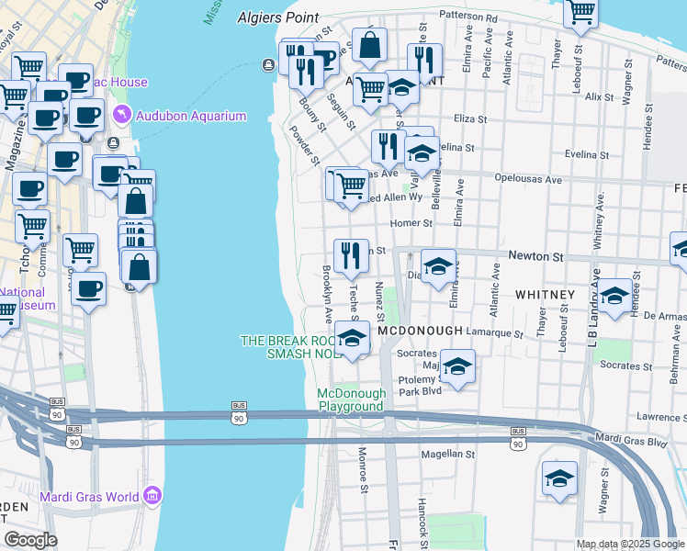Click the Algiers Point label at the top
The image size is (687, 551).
[278, 17]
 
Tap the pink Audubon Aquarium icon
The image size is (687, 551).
[121, 115]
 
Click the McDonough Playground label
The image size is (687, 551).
[351, 399]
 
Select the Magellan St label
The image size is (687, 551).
[447, 454]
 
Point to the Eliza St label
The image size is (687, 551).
[469, 118]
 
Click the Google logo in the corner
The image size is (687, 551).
[30, 540]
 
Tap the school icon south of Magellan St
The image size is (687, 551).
[558, 478]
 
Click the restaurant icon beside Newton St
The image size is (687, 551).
[350, 256]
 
